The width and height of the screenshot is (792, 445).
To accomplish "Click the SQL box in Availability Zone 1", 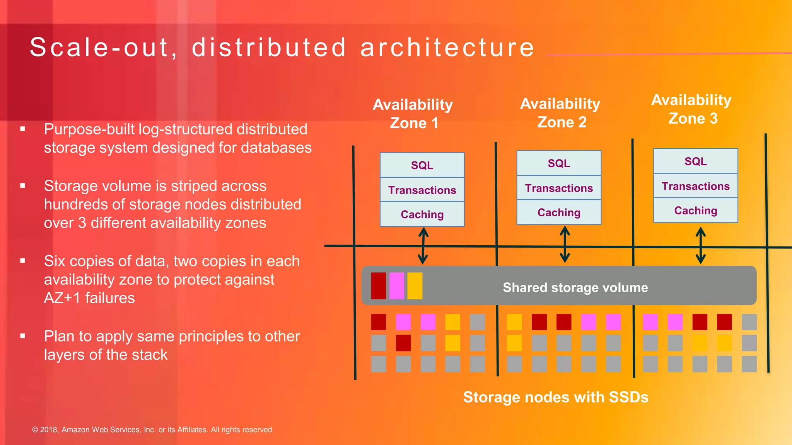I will (422, 165).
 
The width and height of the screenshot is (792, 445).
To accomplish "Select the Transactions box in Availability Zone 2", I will (559, 188).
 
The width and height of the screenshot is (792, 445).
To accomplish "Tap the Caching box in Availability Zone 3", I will (695, 211).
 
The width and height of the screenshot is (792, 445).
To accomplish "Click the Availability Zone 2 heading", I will (560, 113).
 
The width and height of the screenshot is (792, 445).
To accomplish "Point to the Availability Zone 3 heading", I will (691, 109).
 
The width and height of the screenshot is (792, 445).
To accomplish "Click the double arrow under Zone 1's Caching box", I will (423, 246).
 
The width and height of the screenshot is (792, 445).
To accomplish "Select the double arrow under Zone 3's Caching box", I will (700, 245).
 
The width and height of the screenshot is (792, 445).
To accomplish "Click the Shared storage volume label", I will (575, 287).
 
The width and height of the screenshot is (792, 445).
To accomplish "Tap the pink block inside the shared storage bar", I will (396, 286).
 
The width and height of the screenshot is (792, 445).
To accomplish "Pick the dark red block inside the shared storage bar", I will (378, 286).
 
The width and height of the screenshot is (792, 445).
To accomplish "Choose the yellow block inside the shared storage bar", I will (415, 286).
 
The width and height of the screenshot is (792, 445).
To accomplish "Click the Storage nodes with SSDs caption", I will (555, 397).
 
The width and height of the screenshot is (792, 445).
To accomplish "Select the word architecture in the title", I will (447, 48).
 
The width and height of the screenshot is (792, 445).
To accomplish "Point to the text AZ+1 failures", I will (89, 298).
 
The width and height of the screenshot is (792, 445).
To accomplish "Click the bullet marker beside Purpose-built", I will (23, 129).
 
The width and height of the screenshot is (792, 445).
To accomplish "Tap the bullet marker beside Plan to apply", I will (23, 336).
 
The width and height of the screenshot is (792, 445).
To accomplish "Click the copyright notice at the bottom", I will (153, 430).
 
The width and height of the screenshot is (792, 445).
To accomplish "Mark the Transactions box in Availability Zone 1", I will (422, 190).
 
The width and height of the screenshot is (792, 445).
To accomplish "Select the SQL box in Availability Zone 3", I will (695, 161).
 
